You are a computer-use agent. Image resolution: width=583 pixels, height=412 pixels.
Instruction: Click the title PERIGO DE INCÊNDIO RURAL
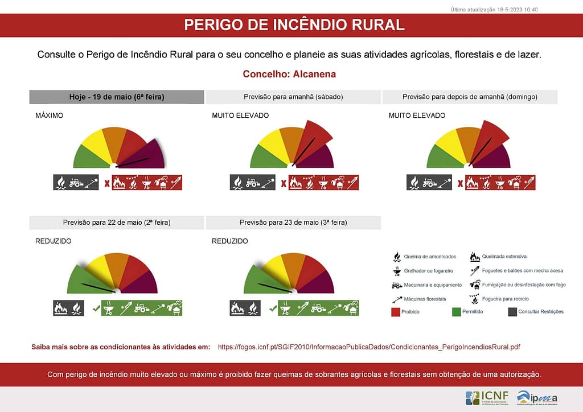[294, 25]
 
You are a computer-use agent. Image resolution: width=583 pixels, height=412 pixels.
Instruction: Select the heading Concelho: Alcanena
[289, 74]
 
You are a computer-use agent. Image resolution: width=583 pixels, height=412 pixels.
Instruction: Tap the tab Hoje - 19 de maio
[117, 97]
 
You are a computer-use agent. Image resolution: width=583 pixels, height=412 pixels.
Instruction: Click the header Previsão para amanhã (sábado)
[293, 97]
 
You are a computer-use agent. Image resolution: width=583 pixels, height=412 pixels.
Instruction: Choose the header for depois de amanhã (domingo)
[470, 97]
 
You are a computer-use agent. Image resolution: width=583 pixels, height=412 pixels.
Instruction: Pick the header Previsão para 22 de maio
[117, 223]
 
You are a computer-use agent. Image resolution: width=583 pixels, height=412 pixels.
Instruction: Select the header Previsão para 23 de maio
[293, 223]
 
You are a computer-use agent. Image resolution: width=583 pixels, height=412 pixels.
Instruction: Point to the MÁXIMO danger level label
[49, 116]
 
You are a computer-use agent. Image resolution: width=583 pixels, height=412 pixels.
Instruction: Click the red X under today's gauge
[106, 183]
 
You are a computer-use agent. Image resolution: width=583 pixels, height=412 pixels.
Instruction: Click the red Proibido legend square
[396, 311]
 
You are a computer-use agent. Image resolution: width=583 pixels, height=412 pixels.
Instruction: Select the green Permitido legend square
[455, 311]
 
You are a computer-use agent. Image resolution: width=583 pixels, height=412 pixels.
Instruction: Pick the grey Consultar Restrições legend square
[512, 311]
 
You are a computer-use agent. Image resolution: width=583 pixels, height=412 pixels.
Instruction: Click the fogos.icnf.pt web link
[369, 347]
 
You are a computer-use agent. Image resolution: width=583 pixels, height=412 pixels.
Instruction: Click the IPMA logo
[537, 398]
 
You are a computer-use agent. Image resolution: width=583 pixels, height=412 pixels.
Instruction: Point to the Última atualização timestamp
[494, 10]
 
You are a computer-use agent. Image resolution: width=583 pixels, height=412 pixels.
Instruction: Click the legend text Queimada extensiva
[504, 257]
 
